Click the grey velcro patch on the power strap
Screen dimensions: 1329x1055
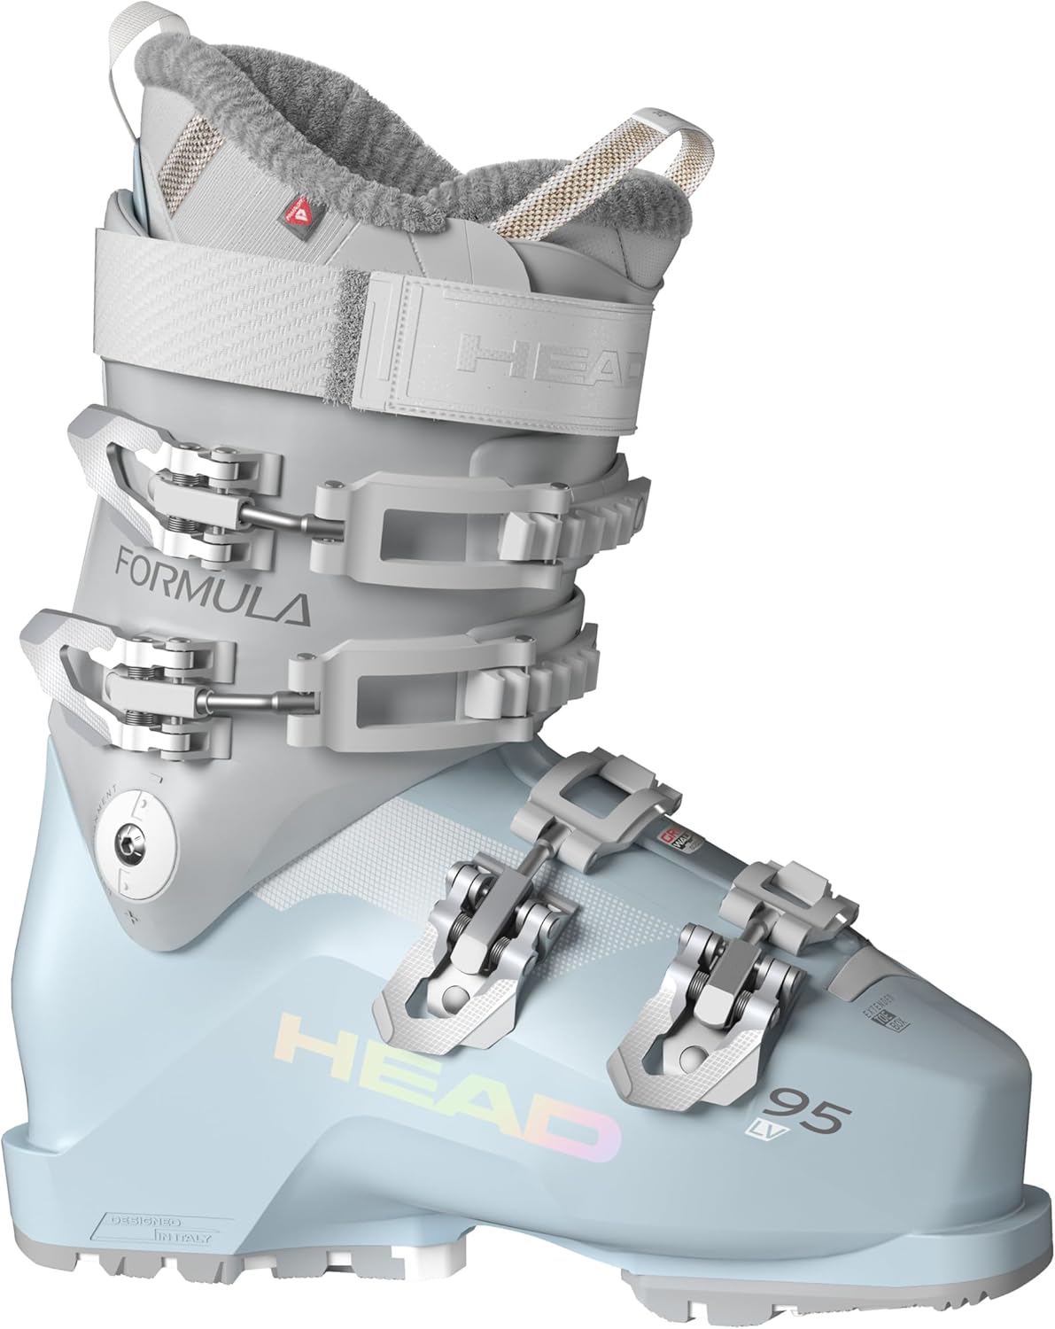(354, 306)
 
